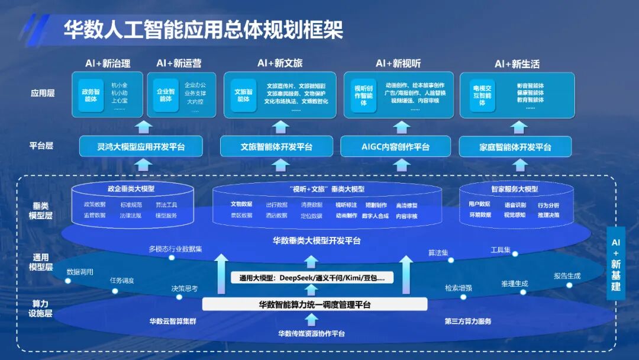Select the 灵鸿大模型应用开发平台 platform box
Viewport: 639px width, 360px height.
point(141,146)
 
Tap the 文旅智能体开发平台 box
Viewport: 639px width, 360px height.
point(276,146)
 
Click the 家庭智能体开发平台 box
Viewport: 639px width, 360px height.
point(515,146)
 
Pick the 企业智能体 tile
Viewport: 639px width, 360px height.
point(165,95)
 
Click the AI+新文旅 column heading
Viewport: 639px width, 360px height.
point(280,63)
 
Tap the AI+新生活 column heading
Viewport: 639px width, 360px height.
point(517,63)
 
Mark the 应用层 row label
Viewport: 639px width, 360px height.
point(42,93)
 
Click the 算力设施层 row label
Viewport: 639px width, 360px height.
point(41,308)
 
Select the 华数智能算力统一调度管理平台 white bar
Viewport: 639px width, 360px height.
point(314,305)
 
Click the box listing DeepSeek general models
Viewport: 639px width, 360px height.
point(312,277)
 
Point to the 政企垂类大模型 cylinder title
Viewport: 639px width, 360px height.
point(131,189)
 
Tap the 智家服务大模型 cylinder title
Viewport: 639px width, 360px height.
point(514,189)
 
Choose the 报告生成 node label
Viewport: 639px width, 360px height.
point(567,276)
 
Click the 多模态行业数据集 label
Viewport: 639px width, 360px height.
point(175,249)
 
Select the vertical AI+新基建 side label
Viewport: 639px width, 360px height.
point(616,265)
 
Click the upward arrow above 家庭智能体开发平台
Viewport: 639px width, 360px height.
point(519,126)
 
